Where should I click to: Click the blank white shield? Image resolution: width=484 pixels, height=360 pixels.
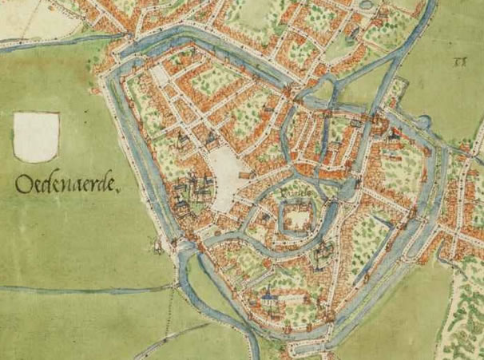coord(37,136)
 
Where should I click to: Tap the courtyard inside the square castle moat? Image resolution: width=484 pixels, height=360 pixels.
coord(294,217)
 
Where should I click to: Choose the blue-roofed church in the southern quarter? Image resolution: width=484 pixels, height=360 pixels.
coord(270,298)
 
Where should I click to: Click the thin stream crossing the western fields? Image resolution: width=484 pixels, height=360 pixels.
coord(80,287)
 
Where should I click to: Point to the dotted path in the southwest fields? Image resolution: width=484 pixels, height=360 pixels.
coord(169,319)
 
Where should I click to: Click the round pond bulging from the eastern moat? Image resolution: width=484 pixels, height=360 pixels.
coord(423,122)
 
